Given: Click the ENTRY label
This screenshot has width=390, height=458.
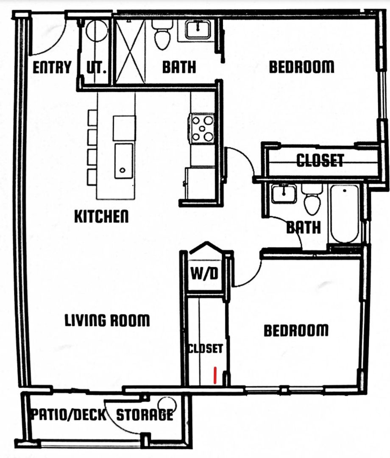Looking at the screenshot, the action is coord(52,67).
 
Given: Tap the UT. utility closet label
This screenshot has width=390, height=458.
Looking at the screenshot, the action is coord(96,67).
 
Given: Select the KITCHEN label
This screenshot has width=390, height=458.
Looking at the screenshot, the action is coord(101,216).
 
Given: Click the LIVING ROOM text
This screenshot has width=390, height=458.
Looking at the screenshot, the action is coord(107,320).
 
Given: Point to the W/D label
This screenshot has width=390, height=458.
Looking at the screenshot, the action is coord(204,274).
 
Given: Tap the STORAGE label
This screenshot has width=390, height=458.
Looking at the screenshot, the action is coord(145,415).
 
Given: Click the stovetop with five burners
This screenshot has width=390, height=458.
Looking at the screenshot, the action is coord(202,128).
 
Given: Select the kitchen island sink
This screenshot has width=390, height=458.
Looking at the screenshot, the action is coord(124,161).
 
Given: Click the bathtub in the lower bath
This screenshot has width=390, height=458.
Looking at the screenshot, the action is coord(345,214).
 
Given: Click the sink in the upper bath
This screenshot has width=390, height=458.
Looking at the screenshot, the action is coord(198,30).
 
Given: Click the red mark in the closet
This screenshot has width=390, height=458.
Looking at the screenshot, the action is coord(215,375).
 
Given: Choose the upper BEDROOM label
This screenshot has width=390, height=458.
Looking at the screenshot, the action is coord(301,67).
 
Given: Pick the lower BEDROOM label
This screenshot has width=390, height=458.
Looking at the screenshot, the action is coord(296,330).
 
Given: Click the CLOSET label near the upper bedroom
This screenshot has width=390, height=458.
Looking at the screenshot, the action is coord(320,160).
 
